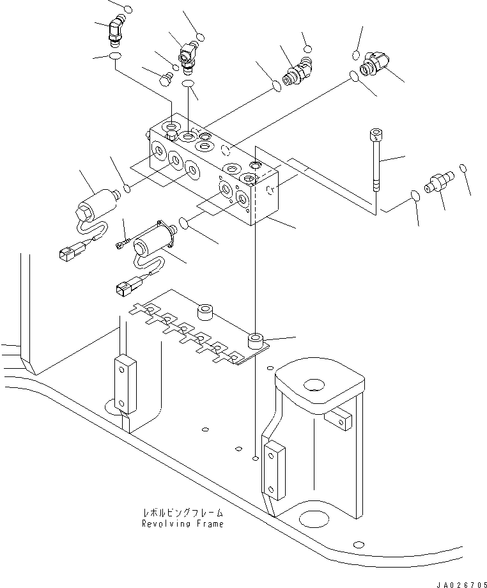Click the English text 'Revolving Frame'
click(x=183, y=524)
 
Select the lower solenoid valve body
click(x=152, y=240)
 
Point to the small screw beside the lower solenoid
click(x=123, y=242)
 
